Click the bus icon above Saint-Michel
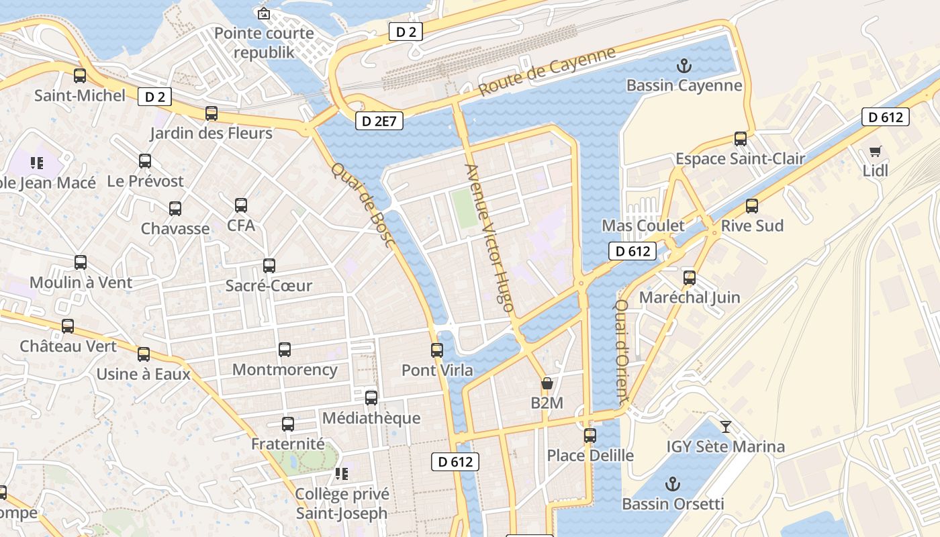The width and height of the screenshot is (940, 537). coord(80,76)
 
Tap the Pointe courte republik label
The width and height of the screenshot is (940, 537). coord(264,42)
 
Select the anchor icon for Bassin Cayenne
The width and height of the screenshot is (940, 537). coord(684,66)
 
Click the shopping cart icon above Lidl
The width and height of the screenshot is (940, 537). coord(875,151)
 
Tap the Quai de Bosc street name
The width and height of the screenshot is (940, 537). coord(362,205)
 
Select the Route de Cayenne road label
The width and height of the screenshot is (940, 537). coord(547,72)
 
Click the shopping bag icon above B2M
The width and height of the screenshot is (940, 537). coord(547,384)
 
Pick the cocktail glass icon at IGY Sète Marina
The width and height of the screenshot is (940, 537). coord(725,426)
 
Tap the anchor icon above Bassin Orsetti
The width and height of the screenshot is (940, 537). coord(672,484)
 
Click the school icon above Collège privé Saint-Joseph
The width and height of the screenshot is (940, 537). coord(342,474)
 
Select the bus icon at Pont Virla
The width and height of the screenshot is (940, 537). coord(437,350)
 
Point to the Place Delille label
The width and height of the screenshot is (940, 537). coord(590,455)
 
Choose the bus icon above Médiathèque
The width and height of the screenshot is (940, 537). coord(371,398)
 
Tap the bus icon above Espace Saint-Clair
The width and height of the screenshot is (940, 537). coord(741,139)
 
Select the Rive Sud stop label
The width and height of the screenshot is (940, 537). coord(752,226)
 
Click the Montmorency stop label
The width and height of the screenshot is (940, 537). coord(285,369)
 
